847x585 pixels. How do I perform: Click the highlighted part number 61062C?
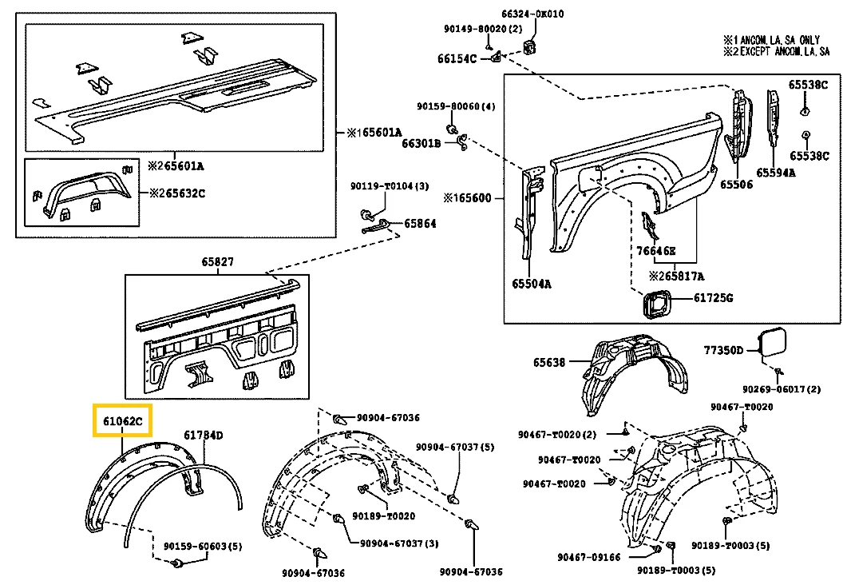coord(122,420)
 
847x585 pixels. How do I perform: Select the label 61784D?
coord(204,436)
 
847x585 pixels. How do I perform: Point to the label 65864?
coord(420,225)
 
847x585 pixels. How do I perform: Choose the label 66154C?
coord(457,58)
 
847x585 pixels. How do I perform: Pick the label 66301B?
coord(421,144)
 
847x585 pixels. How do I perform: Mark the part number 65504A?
coord(530,284)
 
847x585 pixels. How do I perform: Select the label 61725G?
coord(713,298)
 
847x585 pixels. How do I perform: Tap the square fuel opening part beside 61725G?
coord(657,304)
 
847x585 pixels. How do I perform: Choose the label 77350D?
coord(723,350)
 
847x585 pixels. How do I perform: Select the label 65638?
coord(549,363)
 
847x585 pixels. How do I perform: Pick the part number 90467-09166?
coord(588,558)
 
